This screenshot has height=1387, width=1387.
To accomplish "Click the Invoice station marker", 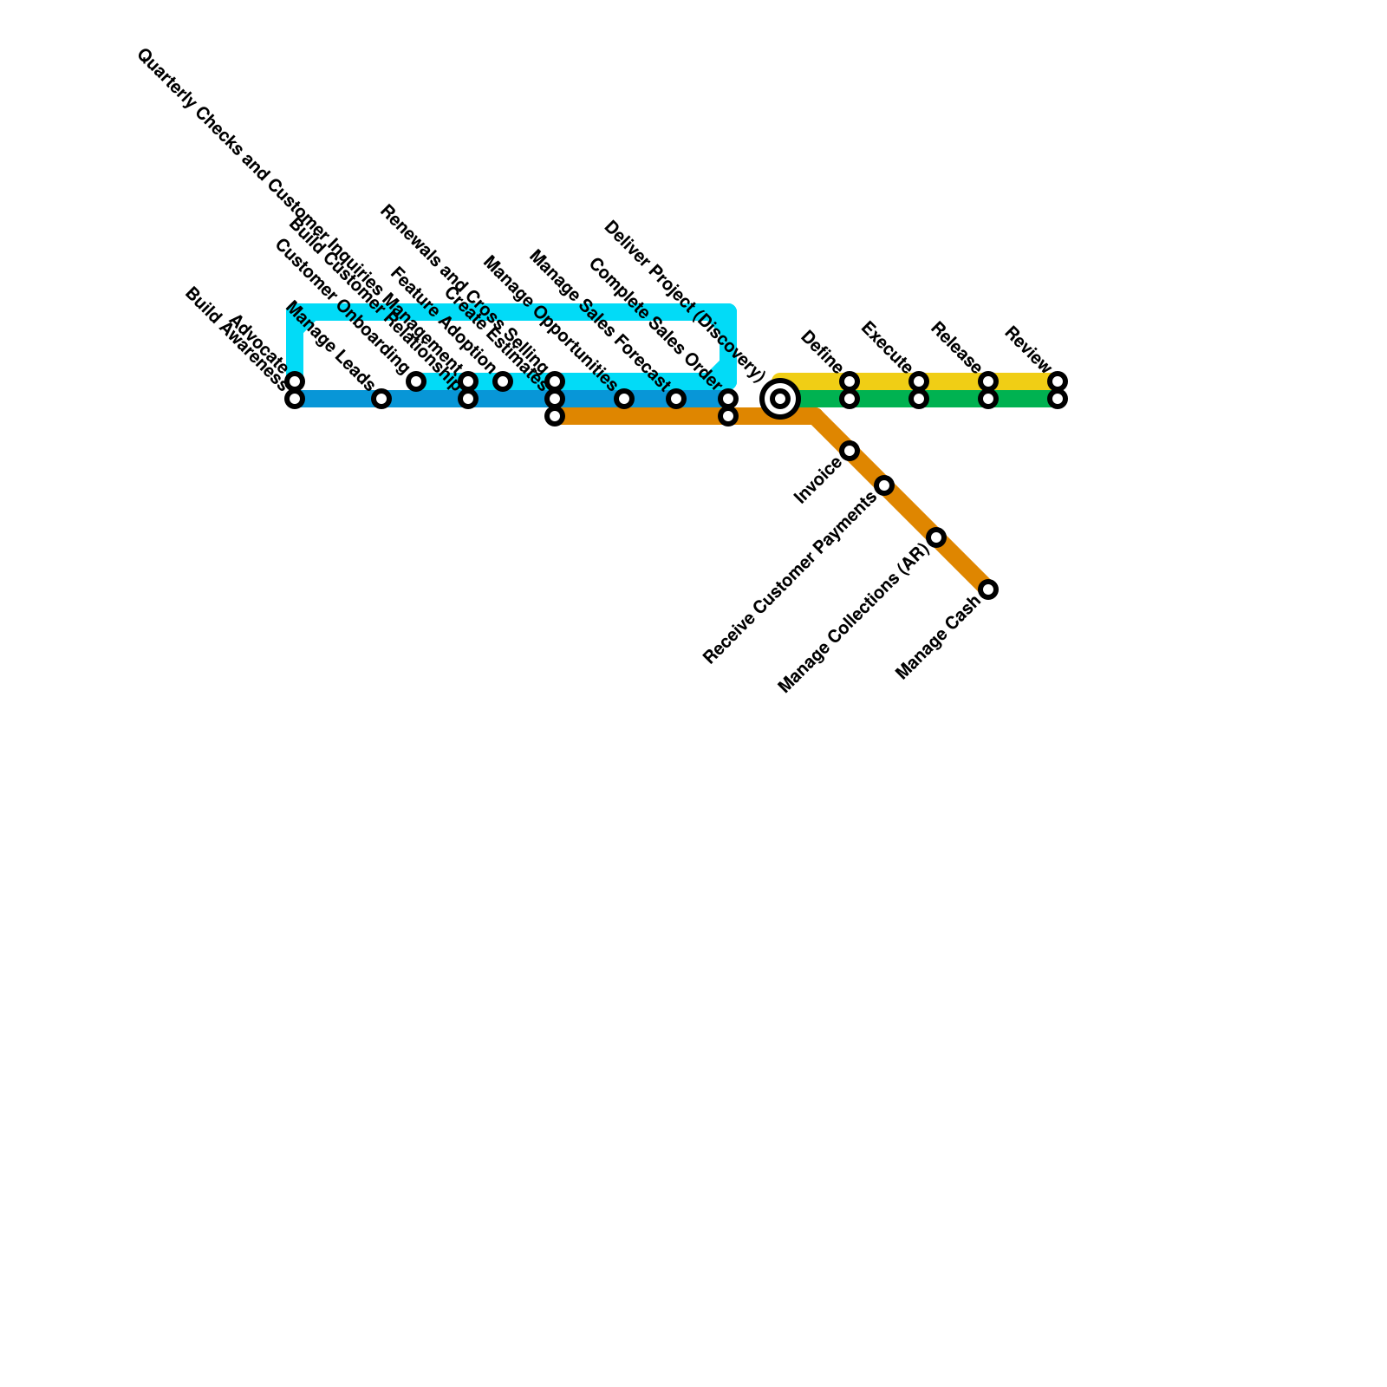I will coord(850,451).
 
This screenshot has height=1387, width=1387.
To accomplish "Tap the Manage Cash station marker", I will coord(988,589).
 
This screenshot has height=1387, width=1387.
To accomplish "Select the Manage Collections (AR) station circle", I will coord(936,537).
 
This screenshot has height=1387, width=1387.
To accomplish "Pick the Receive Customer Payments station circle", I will coord(884,485).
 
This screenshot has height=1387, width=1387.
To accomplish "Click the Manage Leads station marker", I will coord(381,399).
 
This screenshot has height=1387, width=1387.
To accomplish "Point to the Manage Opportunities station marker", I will coord(624,399).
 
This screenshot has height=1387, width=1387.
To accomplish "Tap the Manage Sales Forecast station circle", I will coord(676,399).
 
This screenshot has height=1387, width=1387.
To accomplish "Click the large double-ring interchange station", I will coord(780,399).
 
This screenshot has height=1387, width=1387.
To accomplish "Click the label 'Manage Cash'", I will coord(938,639).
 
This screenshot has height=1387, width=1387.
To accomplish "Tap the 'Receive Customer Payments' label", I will coord(790,579).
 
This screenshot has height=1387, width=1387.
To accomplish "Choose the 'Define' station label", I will coord(821,351).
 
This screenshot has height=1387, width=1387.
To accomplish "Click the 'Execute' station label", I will coord(886,347).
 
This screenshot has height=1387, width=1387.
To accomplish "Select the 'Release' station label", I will coord(955,347).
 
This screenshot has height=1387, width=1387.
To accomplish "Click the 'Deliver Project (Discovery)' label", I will coord(684,301).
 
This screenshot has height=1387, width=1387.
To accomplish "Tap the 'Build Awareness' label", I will coord(235,335).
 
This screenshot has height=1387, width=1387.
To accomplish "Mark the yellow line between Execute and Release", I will coord(954,381).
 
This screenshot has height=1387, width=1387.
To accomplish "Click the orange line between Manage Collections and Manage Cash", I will coord(962,563).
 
